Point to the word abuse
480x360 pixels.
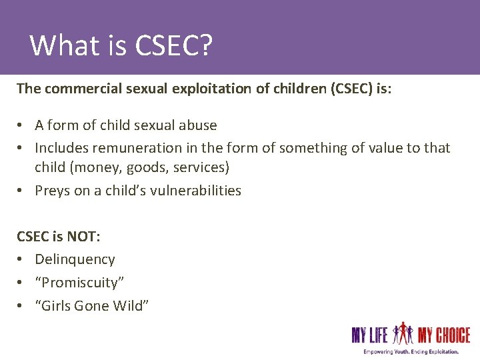coord(198,125)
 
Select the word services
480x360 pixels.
coord(200,167)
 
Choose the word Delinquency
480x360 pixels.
coord(75,259)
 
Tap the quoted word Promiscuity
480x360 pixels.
coord(79,282)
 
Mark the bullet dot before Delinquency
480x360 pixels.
coord(21,260)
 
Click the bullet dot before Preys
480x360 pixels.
coord(21,191)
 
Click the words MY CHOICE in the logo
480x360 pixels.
coord(444,335)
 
